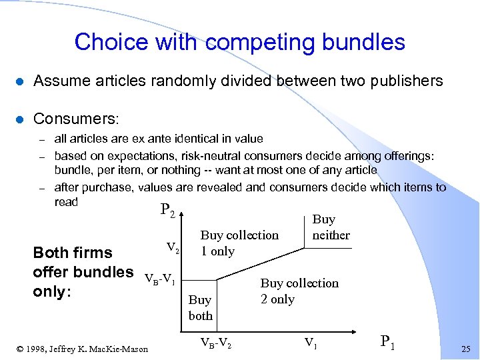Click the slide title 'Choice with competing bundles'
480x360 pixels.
point(239,42)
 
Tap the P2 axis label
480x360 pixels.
point(167,211)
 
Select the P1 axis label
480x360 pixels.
point(388,342)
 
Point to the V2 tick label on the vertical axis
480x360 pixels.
point(173,248)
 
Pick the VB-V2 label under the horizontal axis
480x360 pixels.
point(217,343)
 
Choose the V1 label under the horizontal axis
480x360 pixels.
point(310,343)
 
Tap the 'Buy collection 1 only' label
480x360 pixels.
point(239,243)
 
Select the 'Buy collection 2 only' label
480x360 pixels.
point(299,291)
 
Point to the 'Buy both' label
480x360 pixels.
point(200,308)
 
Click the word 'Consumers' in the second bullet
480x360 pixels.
point(73,119)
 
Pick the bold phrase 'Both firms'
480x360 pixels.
point(73,253)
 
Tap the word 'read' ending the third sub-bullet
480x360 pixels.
point(66,202)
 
